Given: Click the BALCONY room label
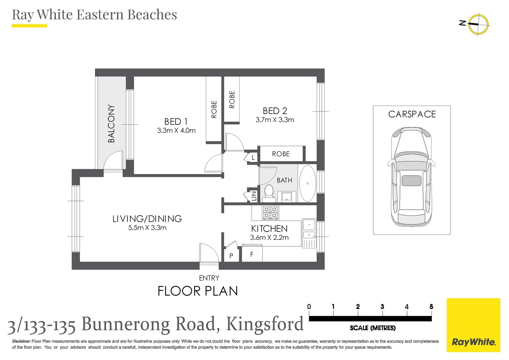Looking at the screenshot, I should point(111,123).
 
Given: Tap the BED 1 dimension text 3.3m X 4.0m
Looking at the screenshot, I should point(176,130).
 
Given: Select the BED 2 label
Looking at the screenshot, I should point(275,111).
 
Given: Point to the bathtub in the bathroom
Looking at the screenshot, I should point(307,183).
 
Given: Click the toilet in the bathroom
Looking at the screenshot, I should point(269,194).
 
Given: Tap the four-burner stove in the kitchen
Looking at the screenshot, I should point(270,213).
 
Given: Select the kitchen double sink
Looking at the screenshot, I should point(309,230).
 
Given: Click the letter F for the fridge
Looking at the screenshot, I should point(252,254).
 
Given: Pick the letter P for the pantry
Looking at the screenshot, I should point(231,256).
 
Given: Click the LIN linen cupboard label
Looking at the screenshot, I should point(254,196).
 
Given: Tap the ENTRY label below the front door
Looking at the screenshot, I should point(209,278).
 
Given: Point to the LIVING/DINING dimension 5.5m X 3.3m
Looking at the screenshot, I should point(147,228).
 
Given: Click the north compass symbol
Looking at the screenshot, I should point(478,24).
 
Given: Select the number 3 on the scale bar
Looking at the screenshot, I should point(382,306).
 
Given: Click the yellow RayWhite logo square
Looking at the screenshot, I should point(473,325).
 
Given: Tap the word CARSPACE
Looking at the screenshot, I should point(412,114).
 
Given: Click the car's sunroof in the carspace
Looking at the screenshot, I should point(411,181).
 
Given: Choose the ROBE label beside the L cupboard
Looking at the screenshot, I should point(281,154).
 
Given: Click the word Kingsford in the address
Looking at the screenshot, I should point(265,324).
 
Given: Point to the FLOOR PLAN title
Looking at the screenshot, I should point(198,291).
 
